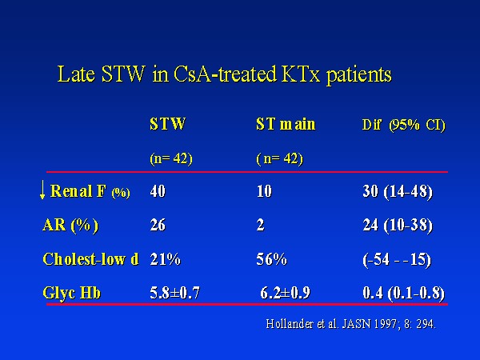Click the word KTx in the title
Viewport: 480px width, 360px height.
coord(301,74)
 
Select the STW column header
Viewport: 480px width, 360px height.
coord(168,124)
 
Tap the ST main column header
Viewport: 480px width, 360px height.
coord(286,124)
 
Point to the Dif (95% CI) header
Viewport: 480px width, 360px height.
coord(403,125)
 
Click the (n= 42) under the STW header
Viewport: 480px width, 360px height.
coord(171,158)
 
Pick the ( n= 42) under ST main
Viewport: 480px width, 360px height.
coord(279,158)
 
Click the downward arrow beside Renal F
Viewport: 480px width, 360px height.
coord(42,190)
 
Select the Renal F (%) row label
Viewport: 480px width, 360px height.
coord(90,191)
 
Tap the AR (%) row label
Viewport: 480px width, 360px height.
coord(70,226)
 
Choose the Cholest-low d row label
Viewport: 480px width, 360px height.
coord(90,259)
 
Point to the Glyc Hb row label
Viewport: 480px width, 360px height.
coord(72,293)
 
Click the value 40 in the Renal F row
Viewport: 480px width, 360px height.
coord(158,191)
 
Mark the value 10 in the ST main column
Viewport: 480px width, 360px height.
coord(264,191)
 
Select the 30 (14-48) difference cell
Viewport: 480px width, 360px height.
coord(398,192)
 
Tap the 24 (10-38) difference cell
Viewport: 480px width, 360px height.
coord(398,226)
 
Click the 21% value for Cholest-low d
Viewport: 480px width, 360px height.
coord(165,259)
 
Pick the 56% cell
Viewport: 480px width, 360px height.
coord(271,259)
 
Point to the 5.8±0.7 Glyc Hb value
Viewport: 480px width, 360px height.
coord(174,293)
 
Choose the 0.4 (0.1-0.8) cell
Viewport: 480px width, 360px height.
coord(403,294)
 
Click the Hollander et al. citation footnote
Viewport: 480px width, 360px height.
coord(351,324)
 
